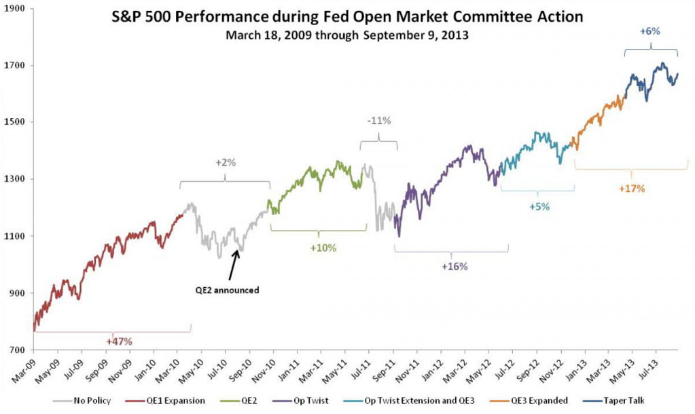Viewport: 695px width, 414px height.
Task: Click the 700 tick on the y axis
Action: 16,350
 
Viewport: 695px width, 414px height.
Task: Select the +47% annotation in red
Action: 120,341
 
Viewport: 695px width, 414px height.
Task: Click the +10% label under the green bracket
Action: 323,248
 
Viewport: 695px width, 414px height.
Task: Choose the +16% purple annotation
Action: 455,267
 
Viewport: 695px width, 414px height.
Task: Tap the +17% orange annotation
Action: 631,188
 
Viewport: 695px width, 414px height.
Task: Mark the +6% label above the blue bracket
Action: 650,31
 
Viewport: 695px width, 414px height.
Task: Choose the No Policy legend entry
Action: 90,400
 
